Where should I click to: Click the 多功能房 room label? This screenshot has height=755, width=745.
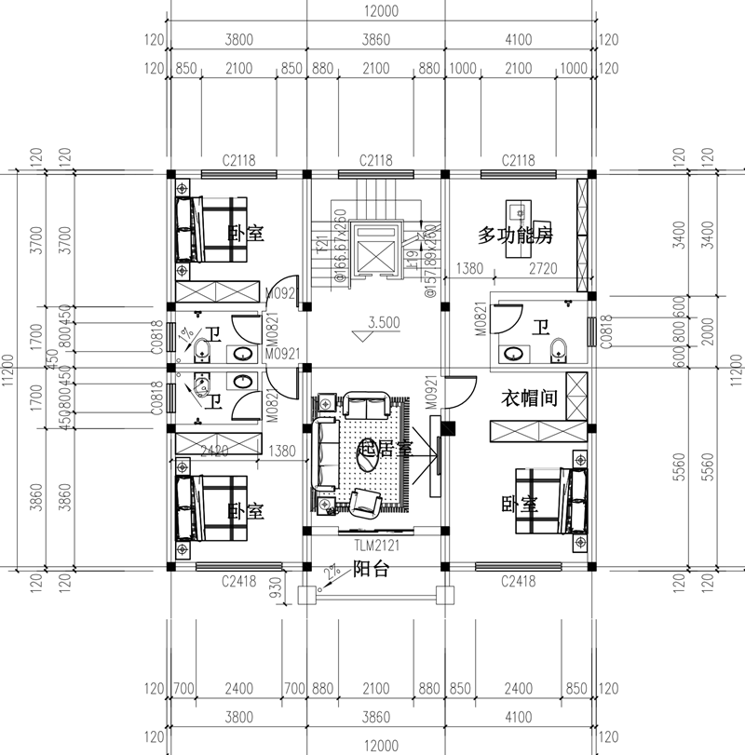click(x=516, y=236)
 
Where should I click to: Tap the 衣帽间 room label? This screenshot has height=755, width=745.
click(x=530, y=398)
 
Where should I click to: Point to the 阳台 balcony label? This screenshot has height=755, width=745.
click(x=371, y=571)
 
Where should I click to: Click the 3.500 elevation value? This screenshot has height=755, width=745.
click(x=383, y=323)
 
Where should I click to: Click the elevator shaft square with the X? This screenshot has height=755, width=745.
click(x=372, y=249)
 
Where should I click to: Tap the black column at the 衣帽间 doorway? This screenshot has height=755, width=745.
click(x=447, y=429)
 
